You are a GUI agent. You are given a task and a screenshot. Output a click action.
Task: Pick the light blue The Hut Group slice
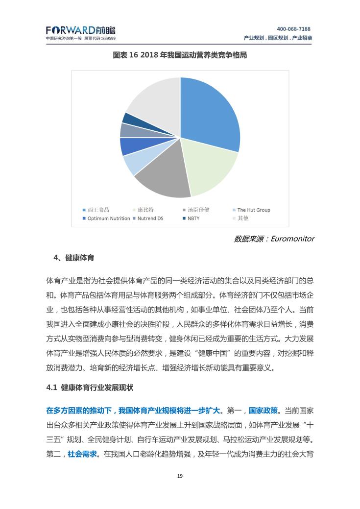134,164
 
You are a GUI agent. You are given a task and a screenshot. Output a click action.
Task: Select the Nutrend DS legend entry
150,218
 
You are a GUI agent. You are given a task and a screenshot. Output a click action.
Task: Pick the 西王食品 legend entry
98,210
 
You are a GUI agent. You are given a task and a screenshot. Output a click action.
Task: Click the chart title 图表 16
180,55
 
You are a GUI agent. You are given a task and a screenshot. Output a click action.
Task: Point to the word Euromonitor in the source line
289,239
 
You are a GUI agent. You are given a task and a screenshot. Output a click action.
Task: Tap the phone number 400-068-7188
293,29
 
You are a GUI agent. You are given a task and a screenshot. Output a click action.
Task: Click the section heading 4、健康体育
74,258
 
